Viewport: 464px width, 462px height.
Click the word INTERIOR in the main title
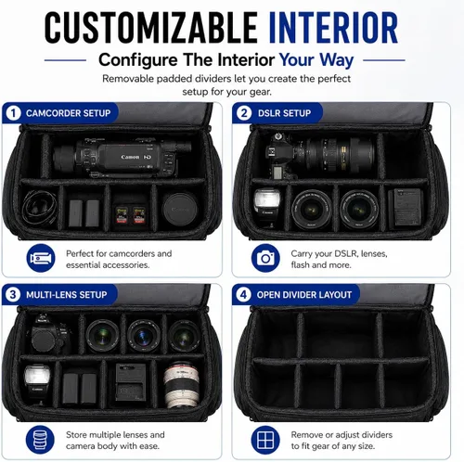333,28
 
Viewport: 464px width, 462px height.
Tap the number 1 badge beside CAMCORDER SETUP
13,113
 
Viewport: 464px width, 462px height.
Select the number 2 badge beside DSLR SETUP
244,113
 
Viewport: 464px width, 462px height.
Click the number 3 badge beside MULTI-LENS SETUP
13,294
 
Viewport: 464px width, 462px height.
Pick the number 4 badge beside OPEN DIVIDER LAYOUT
243,294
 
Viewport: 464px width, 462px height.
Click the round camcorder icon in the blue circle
41,258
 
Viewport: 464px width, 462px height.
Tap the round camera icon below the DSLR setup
265,258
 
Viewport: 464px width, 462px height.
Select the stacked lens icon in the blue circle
40,440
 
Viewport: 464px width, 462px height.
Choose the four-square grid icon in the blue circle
265,440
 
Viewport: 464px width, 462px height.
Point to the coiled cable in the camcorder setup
39,207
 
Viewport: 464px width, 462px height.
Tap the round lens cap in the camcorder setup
180,210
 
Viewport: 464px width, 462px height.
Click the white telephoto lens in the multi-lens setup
181,385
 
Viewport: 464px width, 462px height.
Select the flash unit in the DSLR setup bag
266,206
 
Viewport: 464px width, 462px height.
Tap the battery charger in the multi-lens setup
131,382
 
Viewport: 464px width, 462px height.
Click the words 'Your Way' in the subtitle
316,60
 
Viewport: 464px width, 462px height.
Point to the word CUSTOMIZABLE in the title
151,28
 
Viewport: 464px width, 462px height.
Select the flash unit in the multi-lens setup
37,383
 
